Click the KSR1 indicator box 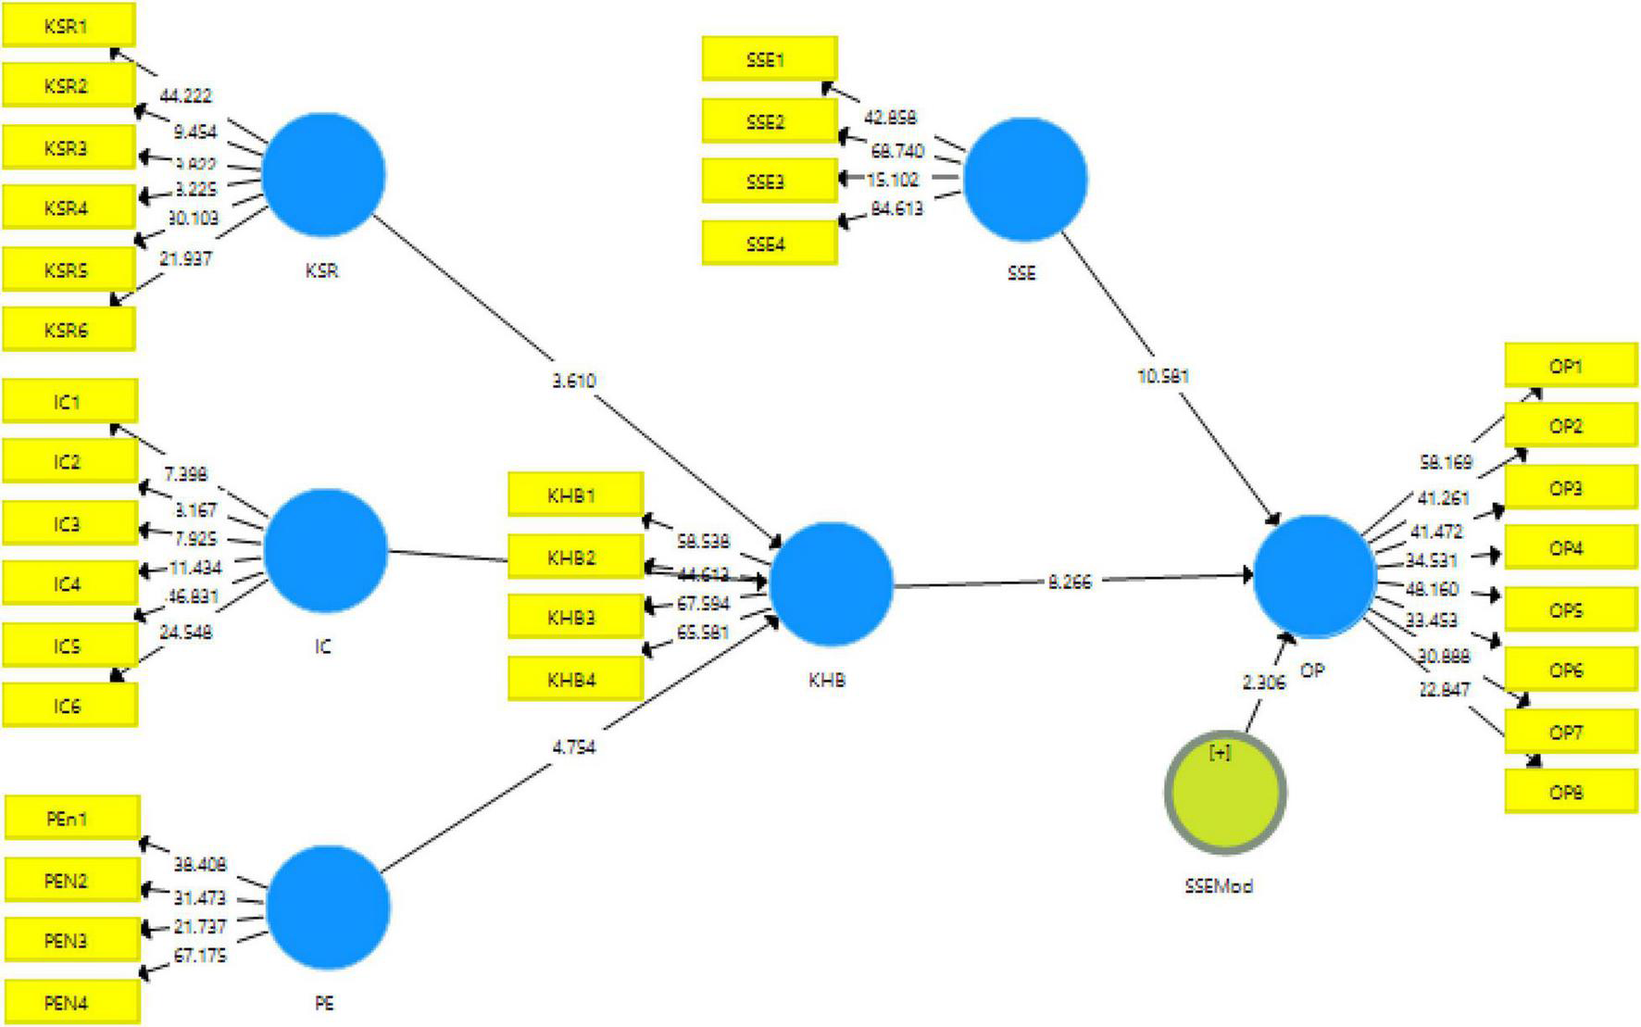tap(69, 26)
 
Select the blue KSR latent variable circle tap(323, 174)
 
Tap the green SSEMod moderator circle tap(1224, 793)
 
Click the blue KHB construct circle tap(831, 584)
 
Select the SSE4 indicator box tap(769, 244)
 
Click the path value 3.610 tap(573, 381)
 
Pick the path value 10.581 tap(1162, 376)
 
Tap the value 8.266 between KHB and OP tap(1070, 582)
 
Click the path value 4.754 tap(573, 746)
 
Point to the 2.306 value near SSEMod tap(1264, 683)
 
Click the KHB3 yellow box tap(574, 618)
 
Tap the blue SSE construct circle tap(1025, 180)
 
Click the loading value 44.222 tap(185, 95)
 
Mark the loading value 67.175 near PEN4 tap(200, 955)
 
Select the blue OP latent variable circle tap(1314, 576)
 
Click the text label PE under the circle tap(323, 1004)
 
